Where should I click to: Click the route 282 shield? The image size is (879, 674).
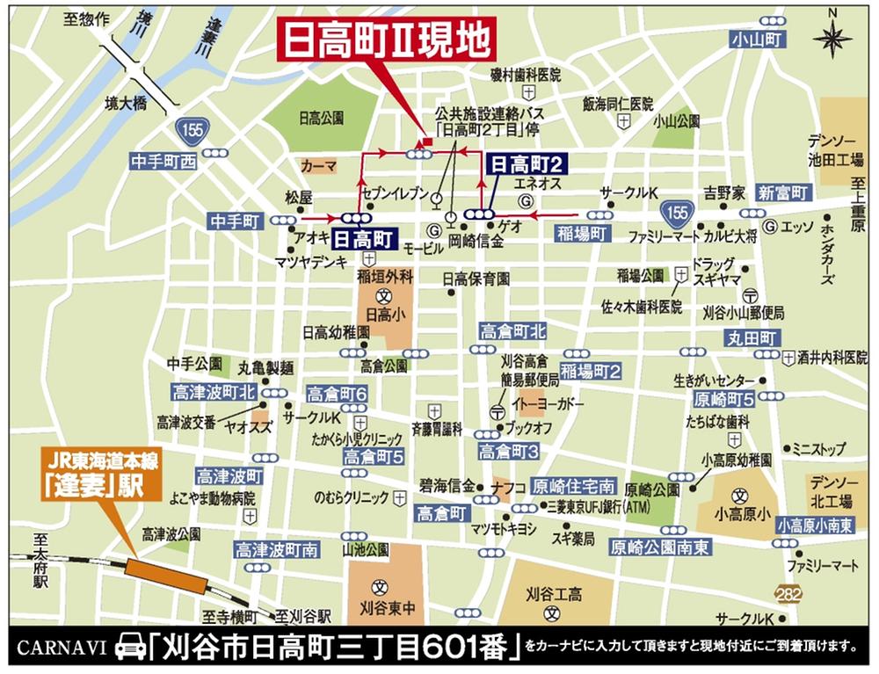(789, 595)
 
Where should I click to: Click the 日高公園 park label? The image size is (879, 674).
(320, 115)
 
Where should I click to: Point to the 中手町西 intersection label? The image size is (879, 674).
(163, 163)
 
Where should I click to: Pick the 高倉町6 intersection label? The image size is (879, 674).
(337, 395)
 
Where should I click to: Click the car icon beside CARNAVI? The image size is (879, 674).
(129, 649)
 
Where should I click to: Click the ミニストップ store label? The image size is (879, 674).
(818, 448)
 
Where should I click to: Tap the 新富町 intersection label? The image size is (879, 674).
(783, 192)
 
